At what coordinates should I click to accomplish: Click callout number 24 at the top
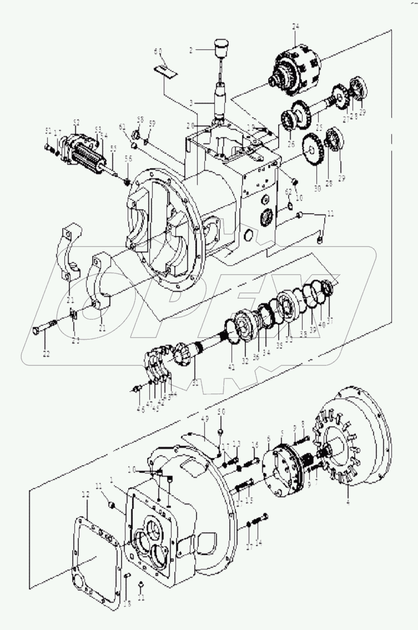coord(295,27)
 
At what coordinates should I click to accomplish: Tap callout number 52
coord(76,122)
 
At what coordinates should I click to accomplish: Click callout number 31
coord(195,381)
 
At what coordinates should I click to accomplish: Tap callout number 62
coord(289,191)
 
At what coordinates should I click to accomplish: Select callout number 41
coord(231,367)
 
